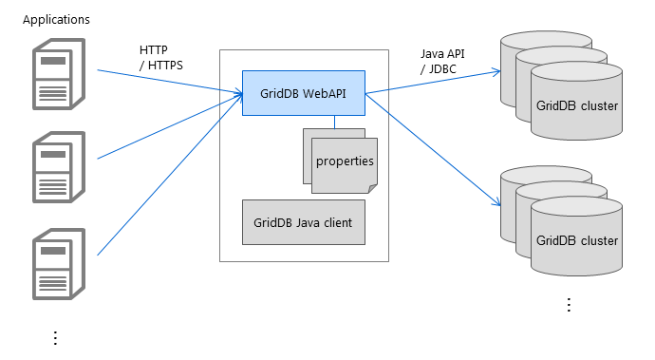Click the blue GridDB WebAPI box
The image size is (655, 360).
click(303, 93)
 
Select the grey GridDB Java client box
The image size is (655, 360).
click(303, 223)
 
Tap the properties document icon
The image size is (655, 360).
click(344, 161)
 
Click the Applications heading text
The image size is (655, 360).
click(56, 19)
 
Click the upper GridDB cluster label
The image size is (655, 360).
click(576, 104)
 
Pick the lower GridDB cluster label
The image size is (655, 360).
click(576, 240)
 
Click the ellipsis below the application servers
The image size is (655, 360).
click(55, 337)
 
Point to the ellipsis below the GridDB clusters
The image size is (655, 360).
click(569, 304)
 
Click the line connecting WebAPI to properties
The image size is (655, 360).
click(334, 122)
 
